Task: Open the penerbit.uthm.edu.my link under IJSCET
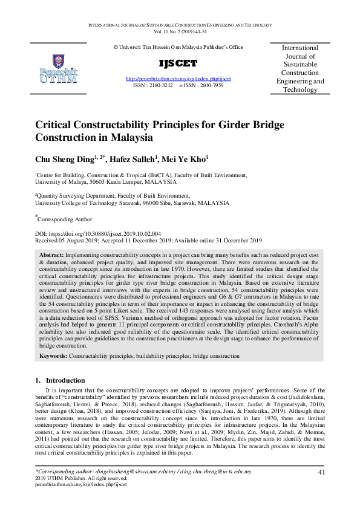point(178,79)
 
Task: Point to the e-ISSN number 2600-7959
point(209,86)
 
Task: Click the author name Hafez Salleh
point(135,159)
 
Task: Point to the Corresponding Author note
point(65,219)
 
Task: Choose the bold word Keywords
point(53,357)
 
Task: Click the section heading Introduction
point(70,380)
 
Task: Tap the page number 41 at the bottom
point(321,472)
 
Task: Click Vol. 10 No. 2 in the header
point(179,31)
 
